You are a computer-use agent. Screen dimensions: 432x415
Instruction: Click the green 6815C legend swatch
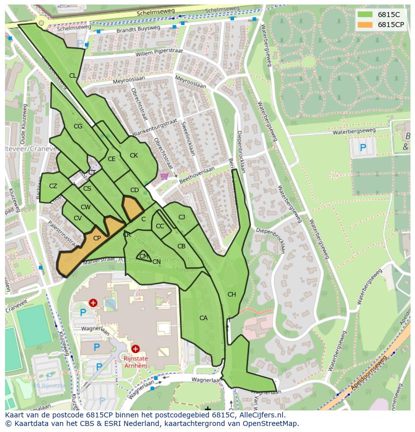(x=365, y=15)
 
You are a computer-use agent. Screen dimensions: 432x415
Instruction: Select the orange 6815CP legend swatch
(x=365, y=25)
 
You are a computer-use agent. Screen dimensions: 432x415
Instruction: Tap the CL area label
(x=73, y=76)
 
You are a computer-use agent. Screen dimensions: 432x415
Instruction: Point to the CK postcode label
(x=134, y=156)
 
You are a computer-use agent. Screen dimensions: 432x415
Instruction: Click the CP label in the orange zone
(x=97, y=238)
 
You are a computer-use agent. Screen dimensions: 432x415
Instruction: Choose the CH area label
(x=232, y=295)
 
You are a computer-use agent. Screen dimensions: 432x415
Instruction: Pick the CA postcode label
(x=203, y=318)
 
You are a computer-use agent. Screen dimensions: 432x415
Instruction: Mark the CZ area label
(x=53, y=186)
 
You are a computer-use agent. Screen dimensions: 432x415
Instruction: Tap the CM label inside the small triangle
(x=144, y=256)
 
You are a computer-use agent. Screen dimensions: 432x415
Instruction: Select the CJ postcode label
(x=181, y=217)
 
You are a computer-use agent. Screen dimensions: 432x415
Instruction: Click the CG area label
(x=78, y=126)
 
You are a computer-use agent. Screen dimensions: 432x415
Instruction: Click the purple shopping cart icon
(x=164, y=176)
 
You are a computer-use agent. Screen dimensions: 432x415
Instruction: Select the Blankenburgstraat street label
(x=155, y=127)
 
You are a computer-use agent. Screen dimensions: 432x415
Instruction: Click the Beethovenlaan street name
(x=197, y=174)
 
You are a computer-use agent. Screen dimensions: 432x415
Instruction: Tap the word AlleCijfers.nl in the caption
(x=260, y=415)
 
